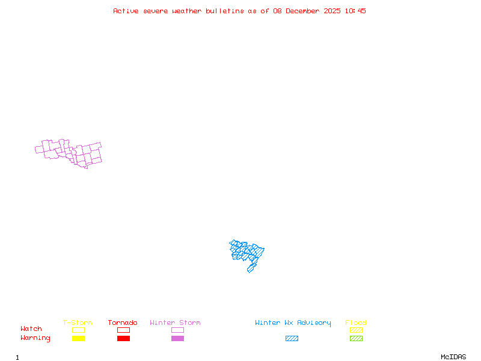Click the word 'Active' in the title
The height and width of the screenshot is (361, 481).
(x=126, y=11)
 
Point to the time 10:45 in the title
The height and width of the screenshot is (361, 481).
(x=356, y=11)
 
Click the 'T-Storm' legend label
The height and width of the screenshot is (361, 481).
(x=78, y=323)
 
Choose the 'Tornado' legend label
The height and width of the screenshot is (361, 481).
(x=123, y=323)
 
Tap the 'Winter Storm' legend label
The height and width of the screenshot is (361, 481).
(x=175, y=323)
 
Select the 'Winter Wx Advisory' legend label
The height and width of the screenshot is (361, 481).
(x=293, y=323)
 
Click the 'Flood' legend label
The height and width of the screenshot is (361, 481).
(x=356, y=323)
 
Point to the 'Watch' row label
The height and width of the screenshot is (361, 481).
(x=31, y=329)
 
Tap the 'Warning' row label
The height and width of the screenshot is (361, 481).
(x=35, y=338)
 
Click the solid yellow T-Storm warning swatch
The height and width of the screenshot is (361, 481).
(x=78, y=339)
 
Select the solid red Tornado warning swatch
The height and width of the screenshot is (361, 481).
(x=123, y=339)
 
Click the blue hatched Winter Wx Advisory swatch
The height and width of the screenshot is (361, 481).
(x=292, y=339)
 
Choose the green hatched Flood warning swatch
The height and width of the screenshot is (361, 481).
(x=356, y=339)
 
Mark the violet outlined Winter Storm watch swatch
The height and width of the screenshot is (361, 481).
(x=177, y=330)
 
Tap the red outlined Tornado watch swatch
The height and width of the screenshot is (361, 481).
(x=123, y=330)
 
